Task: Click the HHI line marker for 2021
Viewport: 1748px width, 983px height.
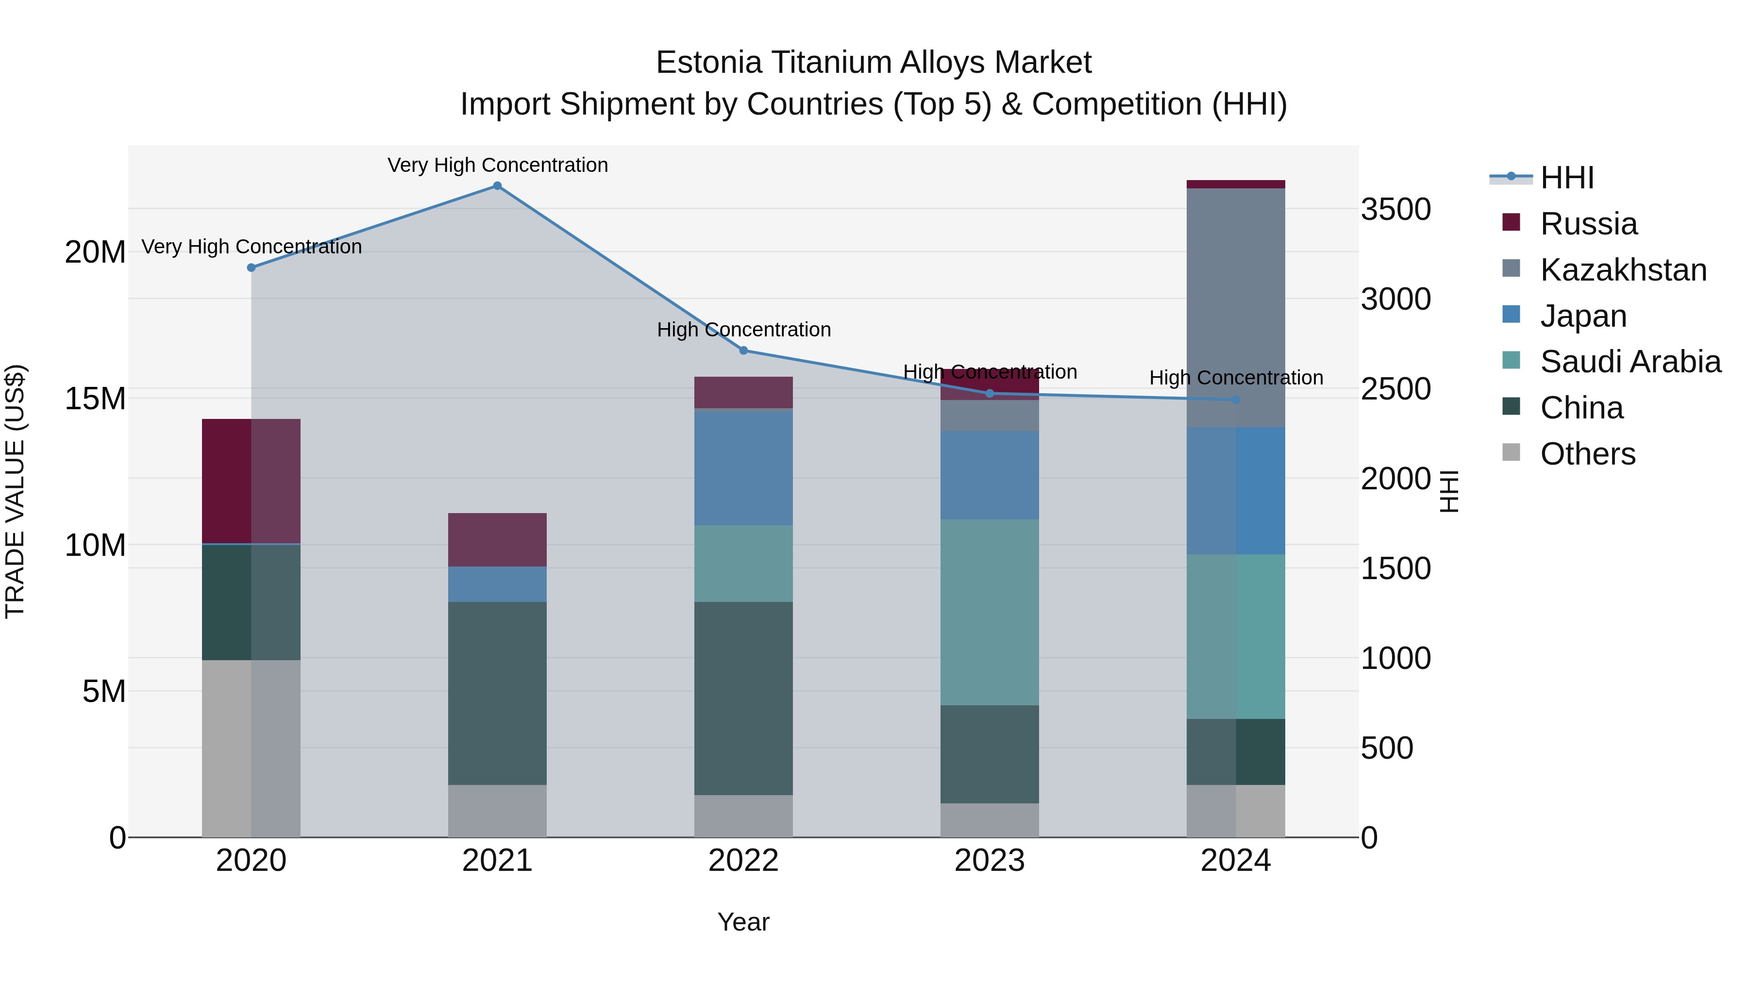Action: coord(497,186)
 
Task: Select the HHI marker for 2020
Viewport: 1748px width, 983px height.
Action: coord(251,268)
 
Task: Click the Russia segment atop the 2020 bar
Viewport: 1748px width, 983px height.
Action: coord(251,481)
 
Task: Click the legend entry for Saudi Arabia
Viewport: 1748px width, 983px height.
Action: coord(1630,362)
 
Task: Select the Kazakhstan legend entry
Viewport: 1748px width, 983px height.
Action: coord(1623,270)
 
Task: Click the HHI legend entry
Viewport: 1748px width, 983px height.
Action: coord(1566,178)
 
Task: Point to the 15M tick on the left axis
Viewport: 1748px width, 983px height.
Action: coord(95,399)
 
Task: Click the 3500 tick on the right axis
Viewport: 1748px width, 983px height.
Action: coord(1396,210)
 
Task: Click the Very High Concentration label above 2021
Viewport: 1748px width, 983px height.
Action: coord(497,165)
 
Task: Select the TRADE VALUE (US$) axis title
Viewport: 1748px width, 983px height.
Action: coord(15,491)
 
